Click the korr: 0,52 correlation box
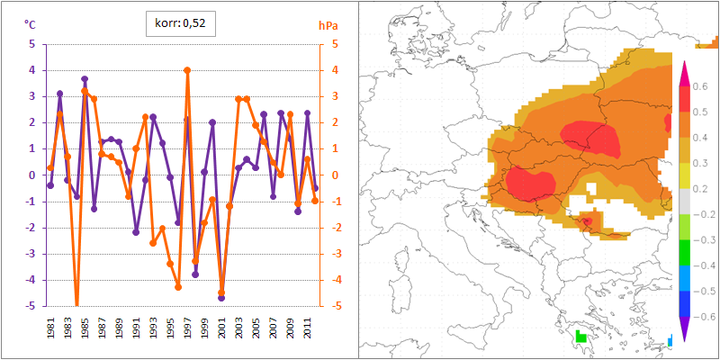click(181, 23)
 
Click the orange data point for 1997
click(187, 70)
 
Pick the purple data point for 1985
click(85, 79)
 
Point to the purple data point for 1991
click(136, 232)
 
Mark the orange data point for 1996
click(178, 287)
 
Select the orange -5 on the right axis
click(334, 306)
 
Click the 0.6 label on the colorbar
click(703, 87)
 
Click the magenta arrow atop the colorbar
click(683, 73)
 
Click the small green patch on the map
click(580, 336)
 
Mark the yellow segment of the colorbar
click(683, 176)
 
